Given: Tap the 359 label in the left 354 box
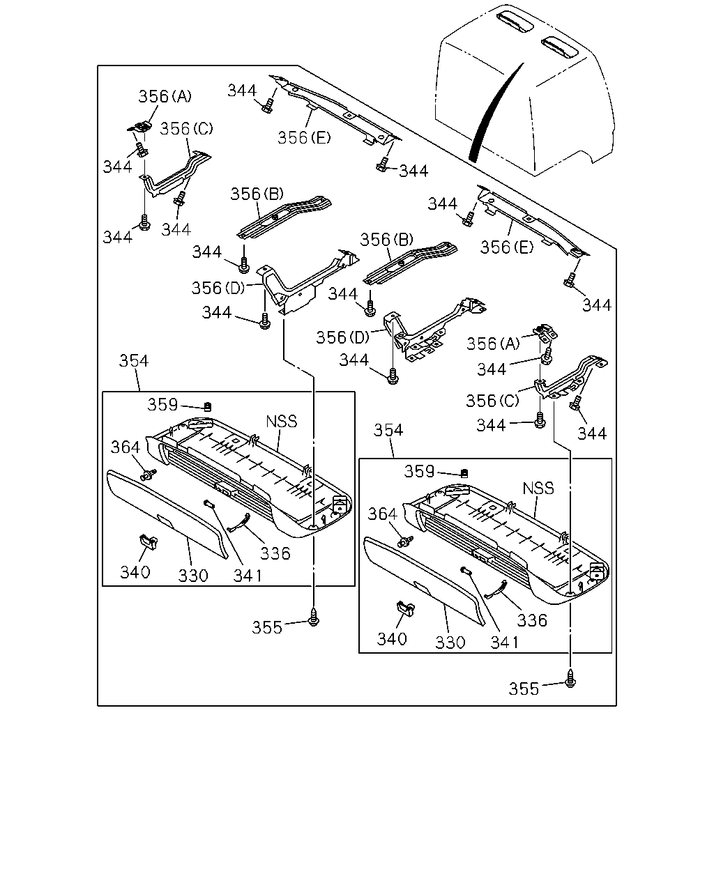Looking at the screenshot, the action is (162, 404).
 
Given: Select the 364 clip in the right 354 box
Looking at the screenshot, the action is (405, 541).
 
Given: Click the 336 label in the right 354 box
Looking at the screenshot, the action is (532, 620).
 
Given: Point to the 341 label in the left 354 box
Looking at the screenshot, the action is (248, 576).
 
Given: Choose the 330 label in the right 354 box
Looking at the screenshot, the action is (450, 643).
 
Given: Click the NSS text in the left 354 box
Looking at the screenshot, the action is (282, 422).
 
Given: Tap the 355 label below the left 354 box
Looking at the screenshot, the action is (267, 628).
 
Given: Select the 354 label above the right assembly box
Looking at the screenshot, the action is (388, 430).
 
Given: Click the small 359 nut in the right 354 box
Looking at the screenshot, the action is (464, 473).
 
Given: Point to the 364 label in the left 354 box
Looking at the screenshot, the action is (126, 447).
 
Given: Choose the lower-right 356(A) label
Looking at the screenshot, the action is (493, 344).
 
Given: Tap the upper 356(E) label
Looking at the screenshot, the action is (304, 137).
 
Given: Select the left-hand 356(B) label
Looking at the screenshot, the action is (257, 194).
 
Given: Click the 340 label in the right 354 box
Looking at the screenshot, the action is (392, 639).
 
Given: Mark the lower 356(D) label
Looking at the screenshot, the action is (342, 337).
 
